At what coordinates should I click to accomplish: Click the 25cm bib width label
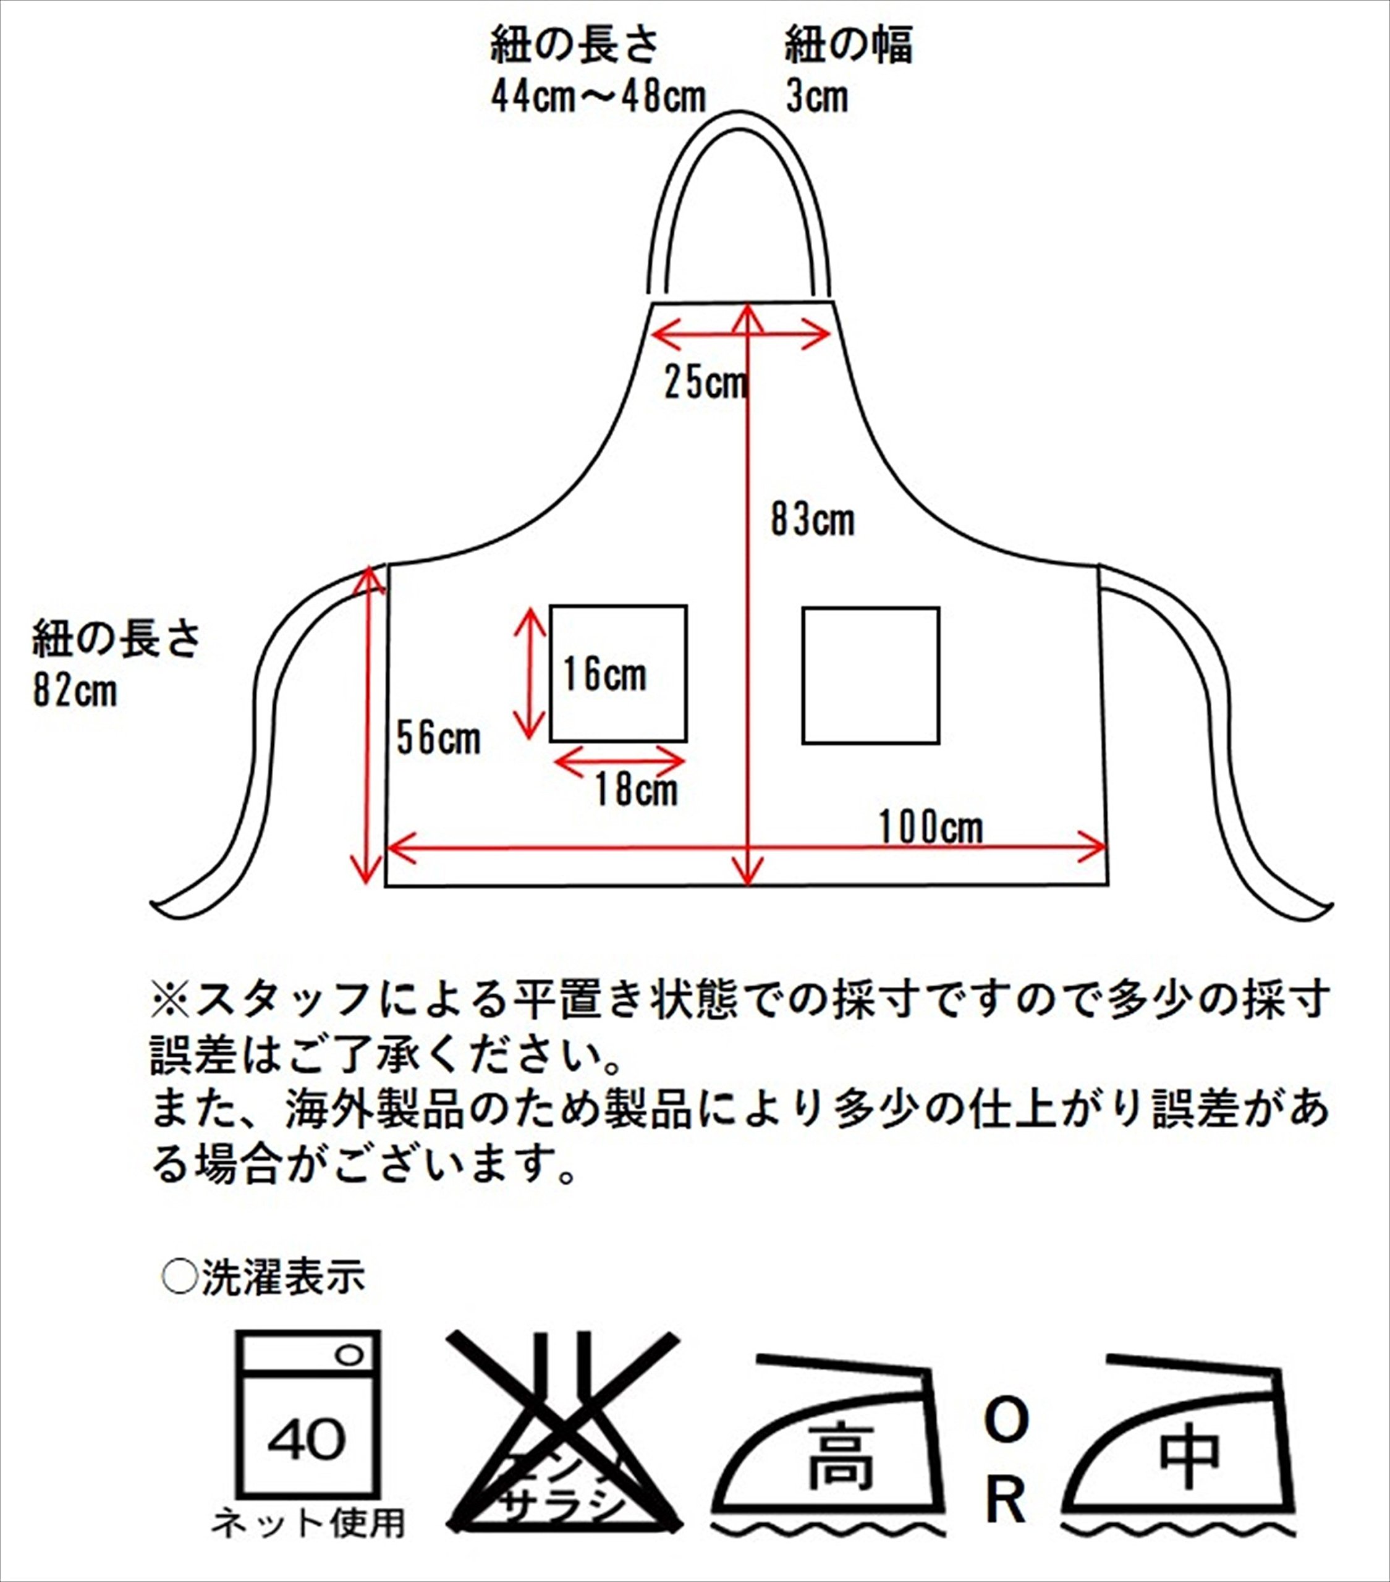[x=706, y=383]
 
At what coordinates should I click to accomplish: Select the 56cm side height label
[x=438, y=738]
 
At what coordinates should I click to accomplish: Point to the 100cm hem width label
[x=931, y=827]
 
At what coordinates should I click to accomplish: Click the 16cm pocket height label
[x=604, y=674]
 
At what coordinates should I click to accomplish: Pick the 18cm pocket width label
[x=635, y=790]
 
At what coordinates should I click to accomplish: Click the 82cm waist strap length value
[x=74, y=690]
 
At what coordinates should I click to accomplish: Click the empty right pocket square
[x=871, y=675]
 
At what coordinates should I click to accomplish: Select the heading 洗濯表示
[x=282, y=1278]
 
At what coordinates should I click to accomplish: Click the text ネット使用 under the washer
[x=308, y=1523]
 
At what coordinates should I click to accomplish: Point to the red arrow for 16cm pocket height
[x=530, y=672]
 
